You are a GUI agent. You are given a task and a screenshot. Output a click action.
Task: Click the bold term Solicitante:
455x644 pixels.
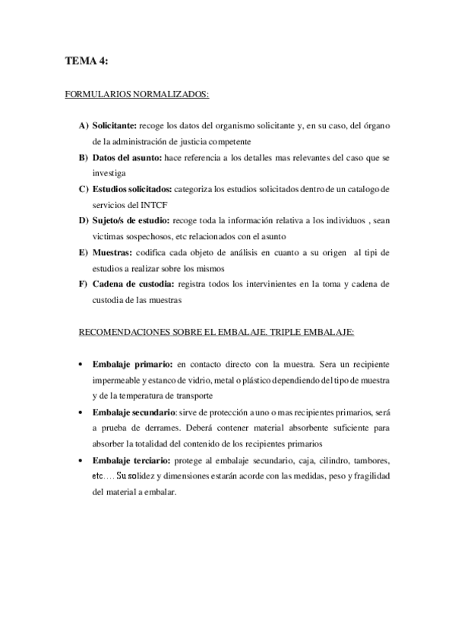(x=115, y=125)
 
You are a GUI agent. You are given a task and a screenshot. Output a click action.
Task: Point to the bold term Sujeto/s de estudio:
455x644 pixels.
(x=130, y=221)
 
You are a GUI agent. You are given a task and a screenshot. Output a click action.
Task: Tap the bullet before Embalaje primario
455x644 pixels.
(x=80, y=365)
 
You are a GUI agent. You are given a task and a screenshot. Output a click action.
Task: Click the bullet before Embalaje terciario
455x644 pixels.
(x=80, y=459)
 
